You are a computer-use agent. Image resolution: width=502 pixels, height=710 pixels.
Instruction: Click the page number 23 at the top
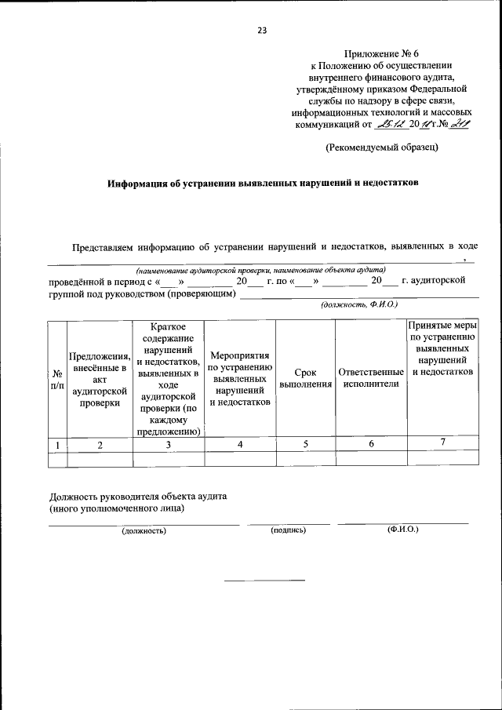262,31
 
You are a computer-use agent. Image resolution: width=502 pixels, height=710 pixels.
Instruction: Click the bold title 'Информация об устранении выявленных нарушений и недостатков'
263,182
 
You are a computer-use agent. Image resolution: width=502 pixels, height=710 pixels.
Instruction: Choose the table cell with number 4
241,444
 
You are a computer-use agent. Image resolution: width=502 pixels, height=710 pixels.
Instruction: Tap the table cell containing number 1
56,444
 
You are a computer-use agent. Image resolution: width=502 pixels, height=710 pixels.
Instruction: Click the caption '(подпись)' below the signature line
288,530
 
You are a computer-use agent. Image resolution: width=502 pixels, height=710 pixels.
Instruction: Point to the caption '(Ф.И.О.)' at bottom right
403,530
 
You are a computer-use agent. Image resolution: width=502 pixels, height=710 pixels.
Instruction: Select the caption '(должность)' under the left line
143,530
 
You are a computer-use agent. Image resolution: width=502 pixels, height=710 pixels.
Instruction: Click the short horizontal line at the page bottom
264,580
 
